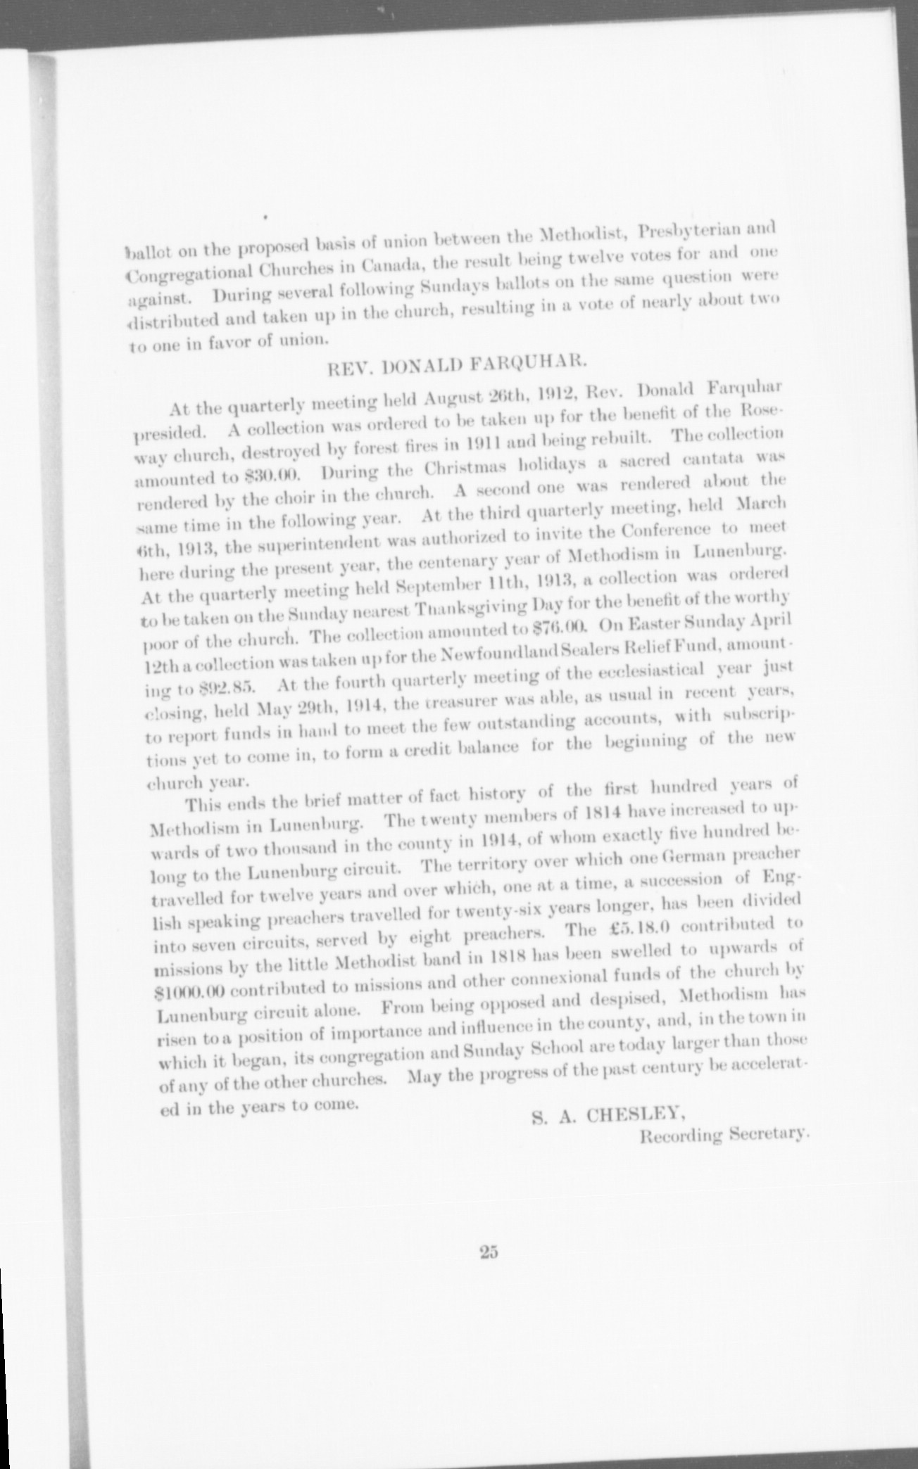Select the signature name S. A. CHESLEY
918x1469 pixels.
610,1114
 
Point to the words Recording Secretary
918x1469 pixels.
724,1134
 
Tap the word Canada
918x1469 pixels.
389,266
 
